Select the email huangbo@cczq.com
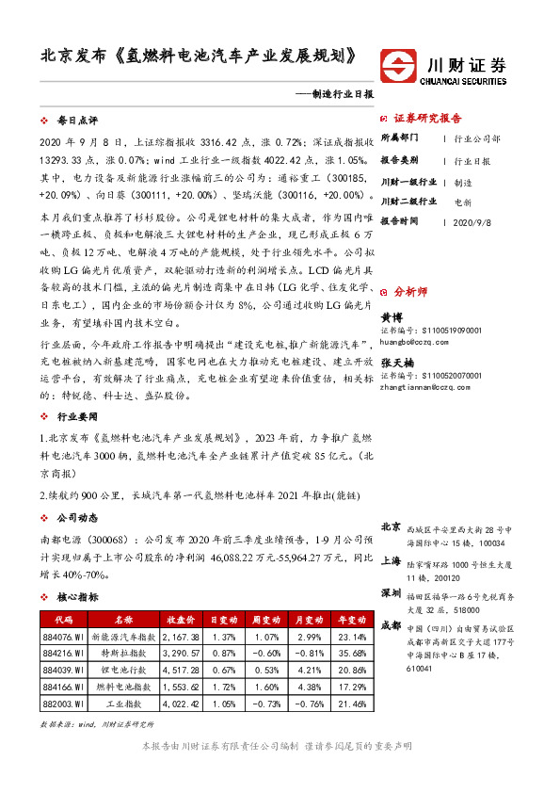tap(417, 341)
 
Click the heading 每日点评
tap(70, 121)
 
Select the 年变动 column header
tap(334, 621)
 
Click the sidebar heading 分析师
tap(411, 292)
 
